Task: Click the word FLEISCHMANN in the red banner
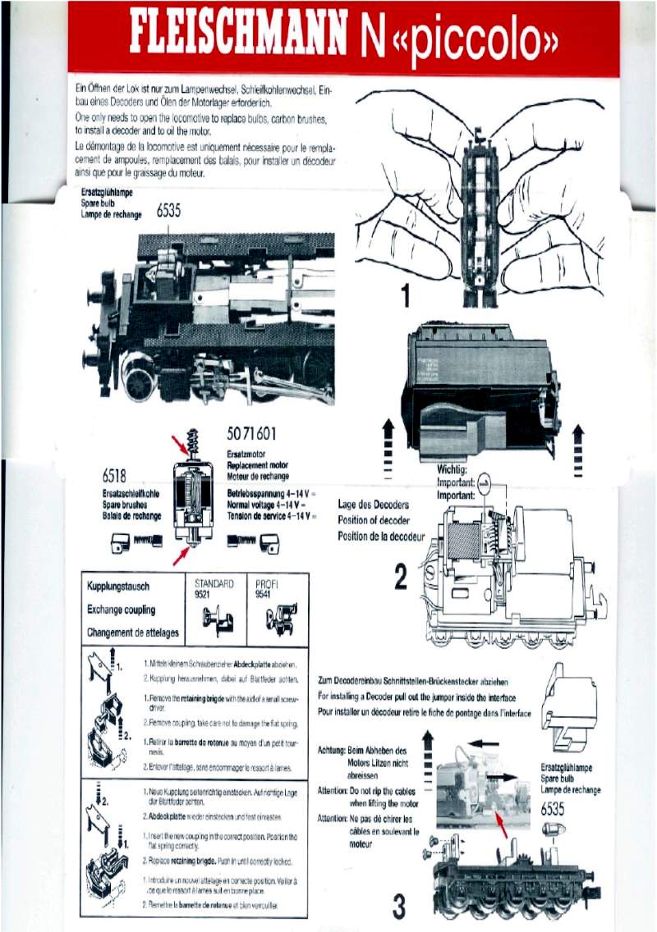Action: tap(237, 38)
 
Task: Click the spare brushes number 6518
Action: tap(120, 477)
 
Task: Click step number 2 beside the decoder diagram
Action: tap(400, 578)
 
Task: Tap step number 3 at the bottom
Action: tap(398, 907)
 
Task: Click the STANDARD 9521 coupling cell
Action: tap(214, 608)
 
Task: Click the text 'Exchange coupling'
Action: tap(121, 610)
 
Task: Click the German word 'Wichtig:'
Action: tap(453, 470)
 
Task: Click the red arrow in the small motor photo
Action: tap(503, 820)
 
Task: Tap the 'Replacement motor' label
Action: tap(257, 464)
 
